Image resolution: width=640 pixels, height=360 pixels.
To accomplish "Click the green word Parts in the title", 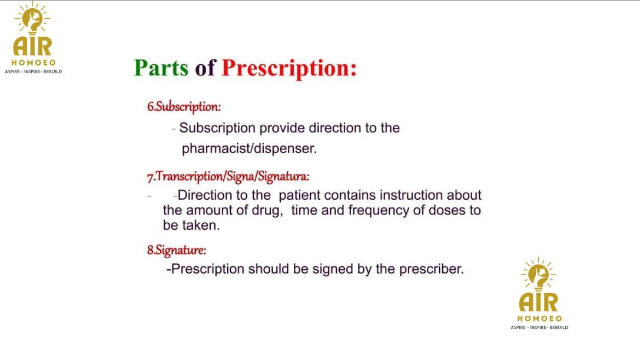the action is [x=161, y=67].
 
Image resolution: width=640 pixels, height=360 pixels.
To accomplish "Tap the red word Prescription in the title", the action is [x=289, y=68].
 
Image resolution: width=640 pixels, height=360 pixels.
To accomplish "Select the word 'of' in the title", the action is [x=205, y=67].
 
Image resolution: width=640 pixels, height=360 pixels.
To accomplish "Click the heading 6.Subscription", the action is [x=184, y=107].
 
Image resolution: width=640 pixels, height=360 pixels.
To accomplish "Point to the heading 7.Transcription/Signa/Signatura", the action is [x=228, y=177].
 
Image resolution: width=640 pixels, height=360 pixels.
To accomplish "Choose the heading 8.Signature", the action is [x=177, y=250].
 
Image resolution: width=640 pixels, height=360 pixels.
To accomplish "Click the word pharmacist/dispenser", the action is [x=249, y=148].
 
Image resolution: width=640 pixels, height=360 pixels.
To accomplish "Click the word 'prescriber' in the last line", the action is [x=431, y=269].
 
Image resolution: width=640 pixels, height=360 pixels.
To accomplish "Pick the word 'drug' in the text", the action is [x=267, y=210].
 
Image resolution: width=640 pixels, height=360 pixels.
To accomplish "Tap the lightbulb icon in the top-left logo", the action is [x=32, y=19].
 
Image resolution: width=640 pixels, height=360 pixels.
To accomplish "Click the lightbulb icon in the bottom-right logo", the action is [x=538, y=275].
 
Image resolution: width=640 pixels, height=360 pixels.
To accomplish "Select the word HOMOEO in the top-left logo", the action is [x=34, y=62].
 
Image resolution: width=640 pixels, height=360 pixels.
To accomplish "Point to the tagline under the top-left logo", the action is [x=34, y=71].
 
